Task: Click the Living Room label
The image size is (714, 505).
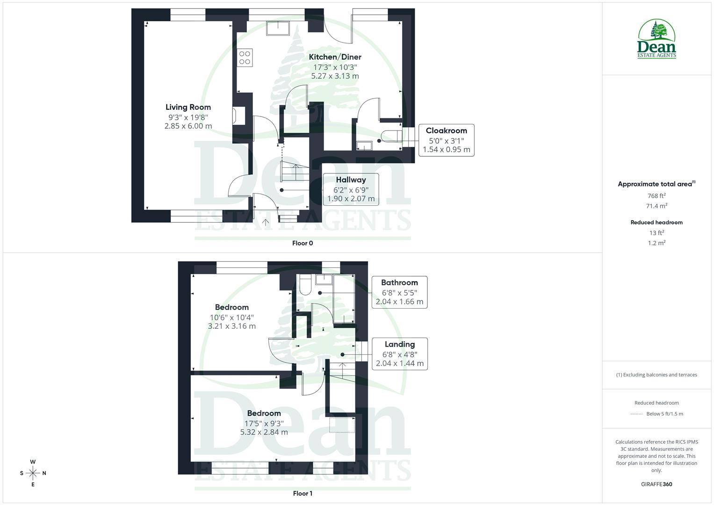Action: click(x=188, y=107)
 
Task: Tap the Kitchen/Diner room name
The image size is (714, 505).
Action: click(x=335, y=57)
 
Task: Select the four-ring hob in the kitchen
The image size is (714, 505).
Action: click(x=245, y=58)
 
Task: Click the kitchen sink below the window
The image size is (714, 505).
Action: click(x=278, y=29)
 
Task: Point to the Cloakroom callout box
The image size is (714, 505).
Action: click(x=446, y=140)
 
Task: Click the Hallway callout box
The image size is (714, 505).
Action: click(x=351, y=189)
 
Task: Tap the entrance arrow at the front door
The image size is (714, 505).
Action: click(x=266, y=223)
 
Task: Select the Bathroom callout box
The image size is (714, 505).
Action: click(x=399, y=292)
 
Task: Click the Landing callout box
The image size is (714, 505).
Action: click(x=399, y=353)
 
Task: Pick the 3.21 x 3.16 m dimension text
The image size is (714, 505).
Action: click(x=231, y=326)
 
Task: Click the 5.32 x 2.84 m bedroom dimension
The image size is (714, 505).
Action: click(x=264, y=432)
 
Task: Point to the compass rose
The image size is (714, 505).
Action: click(x=33, y=473)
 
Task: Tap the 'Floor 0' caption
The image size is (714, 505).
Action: click(x=302, y=243)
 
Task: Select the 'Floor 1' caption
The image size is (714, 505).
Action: click(x=302, y=493)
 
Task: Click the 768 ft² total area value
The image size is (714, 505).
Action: click(x=656, y=196)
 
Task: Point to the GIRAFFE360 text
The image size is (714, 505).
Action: click(x=656, y=484)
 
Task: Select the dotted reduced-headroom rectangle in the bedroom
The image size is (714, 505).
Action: click(x=342, y=425)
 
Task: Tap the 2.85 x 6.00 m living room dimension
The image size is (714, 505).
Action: click(x=188, y=126)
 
